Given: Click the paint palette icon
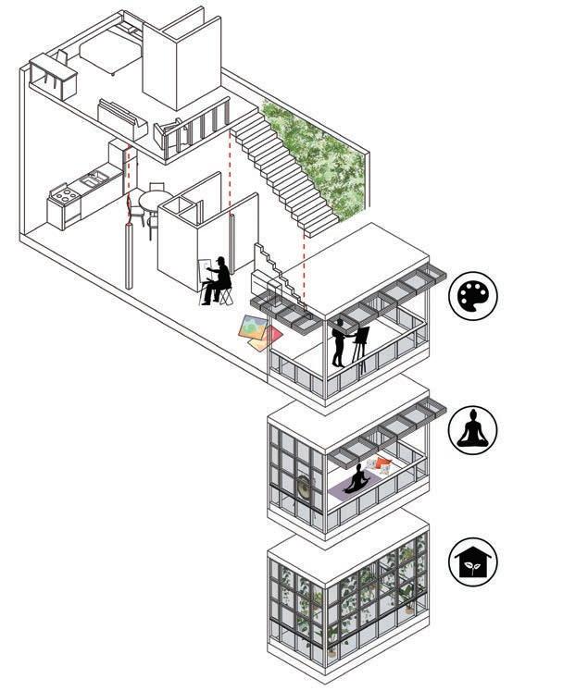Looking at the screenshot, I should [x=473, y=296].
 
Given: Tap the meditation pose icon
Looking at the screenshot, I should [x=473, y=430].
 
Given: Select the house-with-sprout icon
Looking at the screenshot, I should [x=473, y=561].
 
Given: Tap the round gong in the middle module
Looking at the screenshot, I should [x=307, y=487].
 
